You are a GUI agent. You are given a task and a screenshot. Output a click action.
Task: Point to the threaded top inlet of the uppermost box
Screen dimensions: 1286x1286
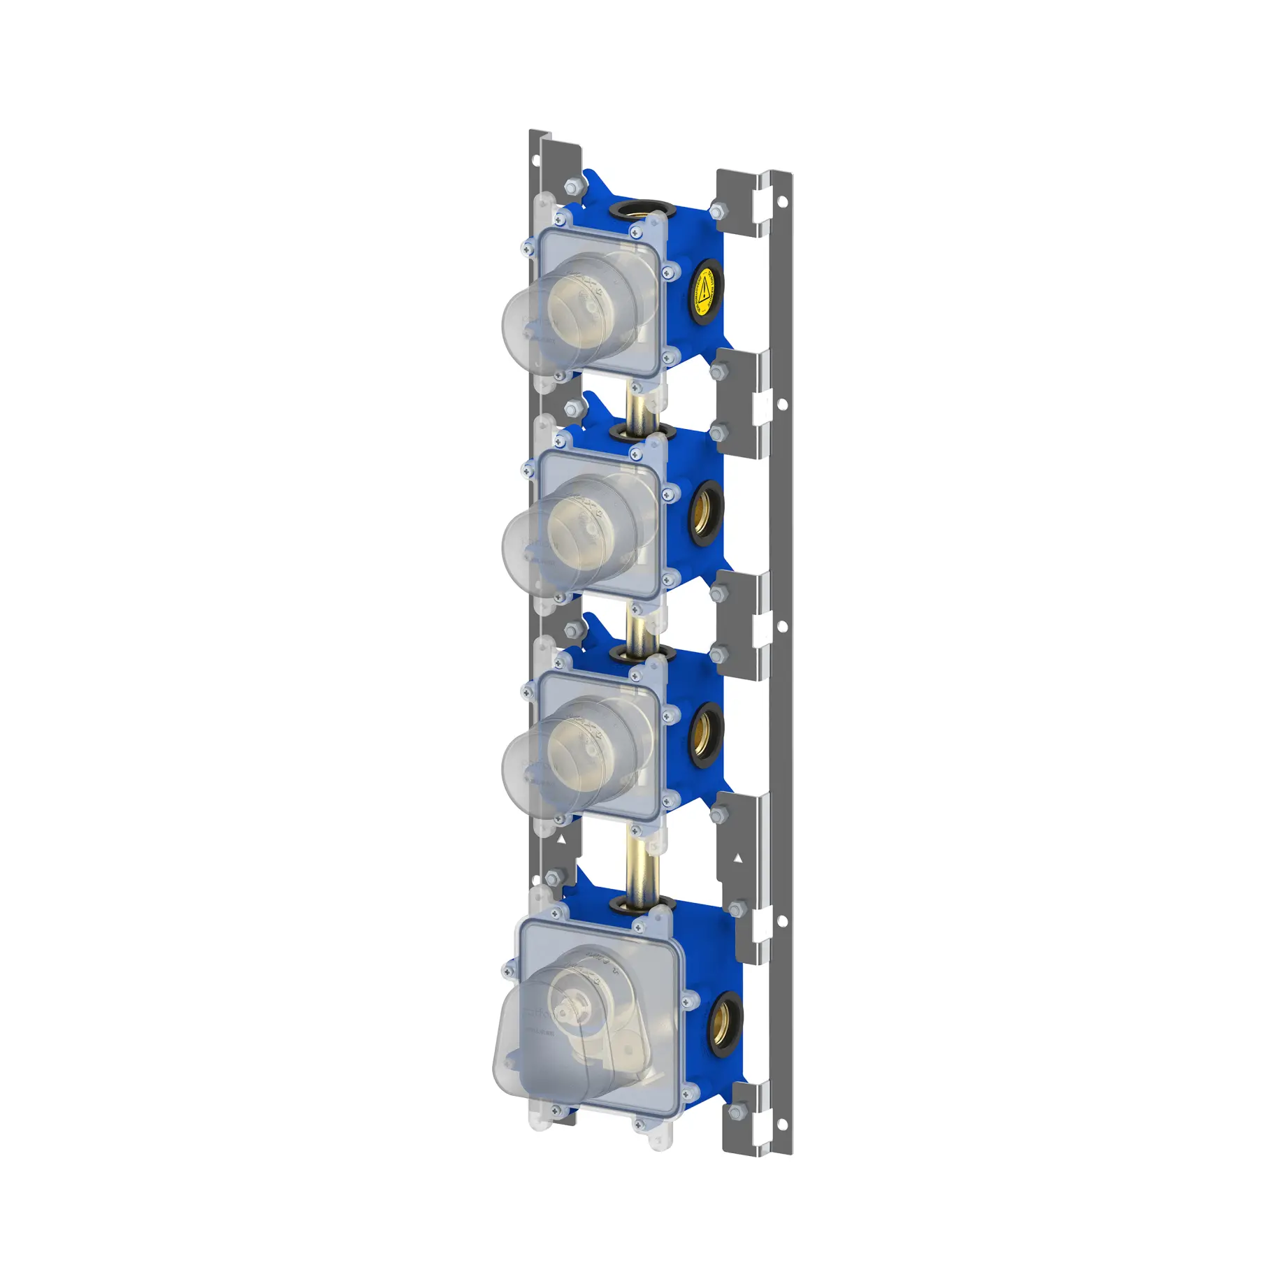tap(642, 209)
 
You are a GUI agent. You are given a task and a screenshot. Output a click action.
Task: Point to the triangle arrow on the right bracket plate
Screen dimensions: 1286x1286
tap(738, 858)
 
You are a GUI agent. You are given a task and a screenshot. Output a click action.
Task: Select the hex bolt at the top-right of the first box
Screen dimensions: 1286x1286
tap(716, 209)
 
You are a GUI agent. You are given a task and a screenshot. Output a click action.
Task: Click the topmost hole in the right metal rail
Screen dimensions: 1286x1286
tap(782, 202)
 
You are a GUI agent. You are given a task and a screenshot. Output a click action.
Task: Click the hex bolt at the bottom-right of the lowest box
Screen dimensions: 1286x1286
tap(735, 1111)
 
